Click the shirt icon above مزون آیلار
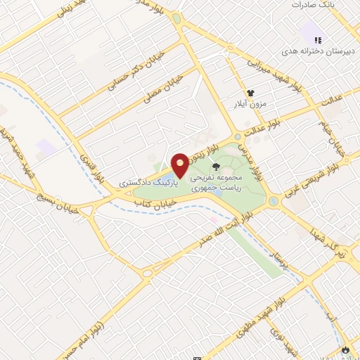pyautogui.click(x=249, y=92)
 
